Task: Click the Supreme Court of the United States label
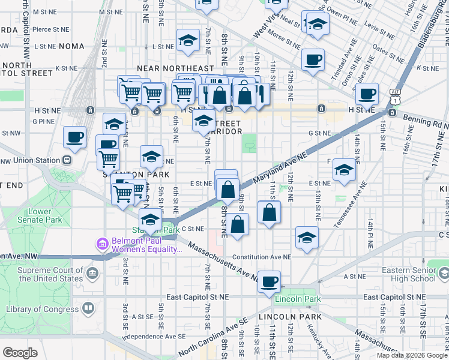(x=50, y=274)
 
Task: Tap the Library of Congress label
(x=41, y=310)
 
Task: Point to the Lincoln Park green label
(x=295, y=299)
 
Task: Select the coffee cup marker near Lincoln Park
(x=270, y=280)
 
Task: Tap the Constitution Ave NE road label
(x=261, y=257)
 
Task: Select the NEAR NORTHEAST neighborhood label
(x=175, y=69)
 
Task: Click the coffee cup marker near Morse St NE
(x=313, y=59)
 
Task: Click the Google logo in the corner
(x=20, y=353)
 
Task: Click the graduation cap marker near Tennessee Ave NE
(x=345, y=169)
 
